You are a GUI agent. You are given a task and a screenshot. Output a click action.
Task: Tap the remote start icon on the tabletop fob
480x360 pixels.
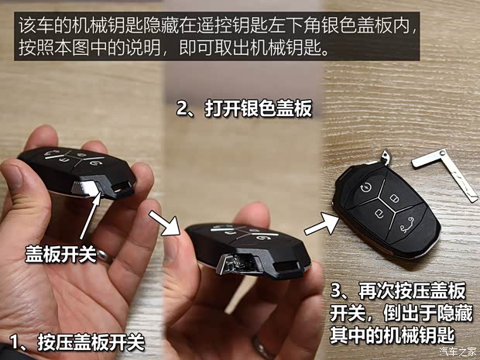pyautogui.click(x=366, y=187)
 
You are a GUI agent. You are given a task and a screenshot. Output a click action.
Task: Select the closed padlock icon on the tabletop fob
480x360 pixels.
pyautogui.click(x=394, y=198)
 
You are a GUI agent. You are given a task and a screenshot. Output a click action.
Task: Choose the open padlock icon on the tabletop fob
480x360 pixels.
pyautogui.click(x=379, y=213)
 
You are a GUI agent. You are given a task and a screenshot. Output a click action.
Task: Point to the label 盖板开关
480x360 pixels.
pyautogui.click(x=60, y=254)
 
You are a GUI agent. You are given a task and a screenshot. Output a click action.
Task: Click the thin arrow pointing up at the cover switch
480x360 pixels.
pyautogui.click(x=91, y=215)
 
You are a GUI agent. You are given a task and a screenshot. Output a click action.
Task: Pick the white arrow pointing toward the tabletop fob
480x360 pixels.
pyautogui.click(x=321, y=225)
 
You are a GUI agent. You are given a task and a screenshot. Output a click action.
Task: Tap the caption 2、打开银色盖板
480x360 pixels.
pyautogui.click(x=244, y=108)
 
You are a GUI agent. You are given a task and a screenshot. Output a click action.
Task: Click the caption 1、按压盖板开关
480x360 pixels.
pyautogui.click(x=77, y=341)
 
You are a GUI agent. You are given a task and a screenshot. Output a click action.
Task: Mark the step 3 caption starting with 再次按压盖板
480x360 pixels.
pyautogui.click(x=401, y=313)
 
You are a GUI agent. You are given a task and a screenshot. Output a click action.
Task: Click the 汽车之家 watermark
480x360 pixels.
pyautogui.click(x=458, y=351)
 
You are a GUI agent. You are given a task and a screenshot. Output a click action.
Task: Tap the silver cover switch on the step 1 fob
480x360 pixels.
pyautogui.click(x=84, y=187)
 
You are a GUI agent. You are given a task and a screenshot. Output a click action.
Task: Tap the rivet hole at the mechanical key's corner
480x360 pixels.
pyautogui.click(x=443, y=153)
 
